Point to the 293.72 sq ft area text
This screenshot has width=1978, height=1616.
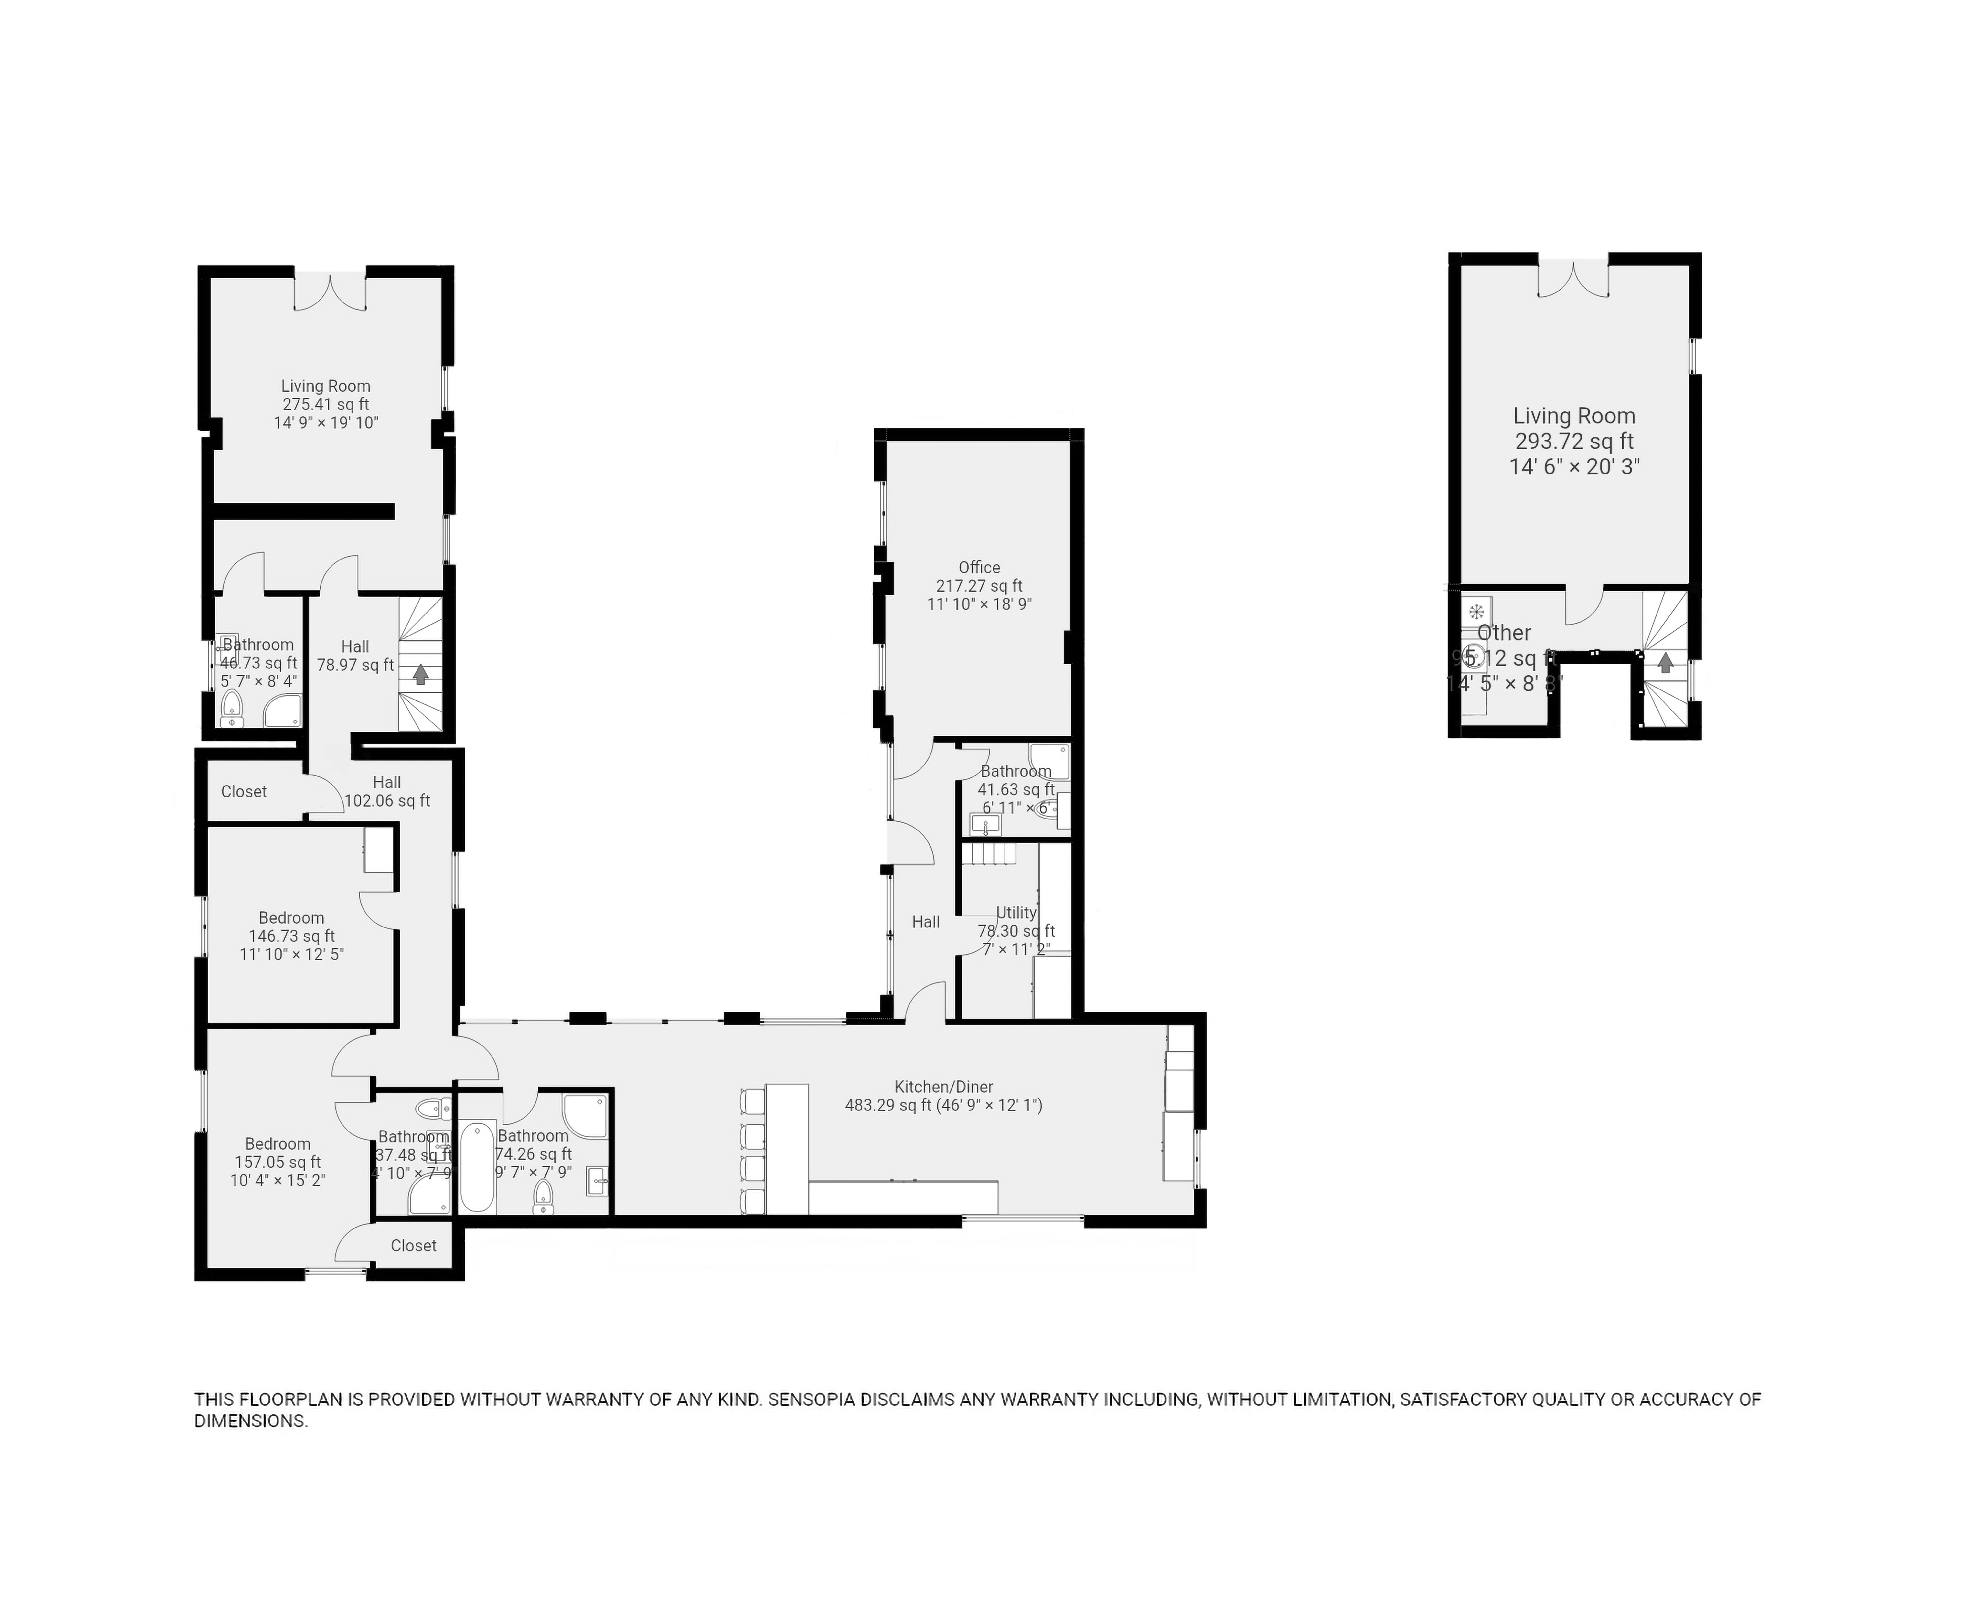point(1573,441)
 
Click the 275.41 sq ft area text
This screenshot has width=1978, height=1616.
point(326,404)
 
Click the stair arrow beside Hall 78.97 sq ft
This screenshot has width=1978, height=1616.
point(421,674)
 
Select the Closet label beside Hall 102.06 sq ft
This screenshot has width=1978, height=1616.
point(244,791)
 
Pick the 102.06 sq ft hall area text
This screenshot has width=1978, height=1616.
point(387,801)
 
